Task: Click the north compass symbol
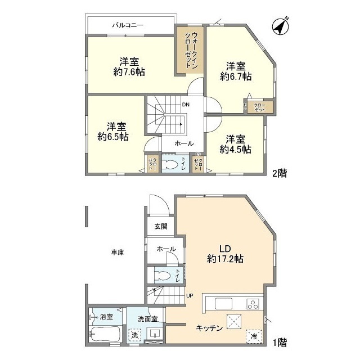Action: (x=280, y=26)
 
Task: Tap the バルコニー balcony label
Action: (x=127, y=25)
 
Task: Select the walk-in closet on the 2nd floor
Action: (x=190, y=51)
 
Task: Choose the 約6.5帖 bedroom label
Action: (x=113, y=136)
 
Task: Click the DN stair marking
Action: (x=185, y=105)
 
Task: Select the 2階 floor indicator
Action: (x=280, y=173)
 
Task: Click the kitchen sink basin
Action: (x=220, y=304)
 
